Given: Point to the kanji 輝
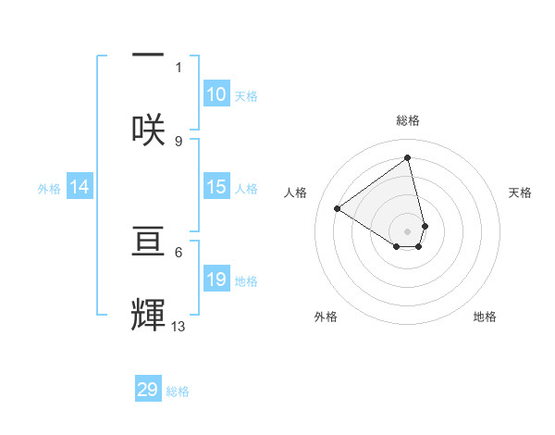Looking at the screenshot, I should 148,315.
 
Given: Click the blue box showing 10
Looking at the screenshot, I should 216,94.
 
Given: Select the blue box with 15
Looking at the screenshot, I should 216,187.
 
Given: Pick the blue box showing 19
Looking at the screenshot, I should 216,280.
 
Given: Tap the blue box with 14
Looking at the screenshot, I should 80,187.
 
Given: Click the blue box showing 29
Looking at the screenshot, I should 148,389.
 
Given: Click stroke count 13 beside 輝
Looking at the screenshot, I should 179,326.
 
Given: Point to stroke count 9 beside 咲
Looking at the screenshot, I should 179,141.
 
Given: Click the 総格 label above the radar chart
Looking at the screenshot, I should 408,120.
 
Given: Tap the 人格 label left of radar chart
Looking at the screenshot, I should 296,193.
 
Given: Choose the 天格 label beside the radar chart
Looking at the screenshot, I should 520,193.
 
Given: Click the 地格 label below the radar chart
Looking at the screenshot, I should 485,317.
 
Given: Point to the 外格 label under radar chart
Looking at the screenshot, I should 326,317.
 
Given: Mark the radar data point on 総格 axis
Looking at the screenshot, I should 408,157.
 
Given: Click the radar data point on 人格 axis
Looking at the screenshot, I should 338,209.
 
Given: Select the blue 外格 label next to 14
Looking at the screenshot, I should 49,189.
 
